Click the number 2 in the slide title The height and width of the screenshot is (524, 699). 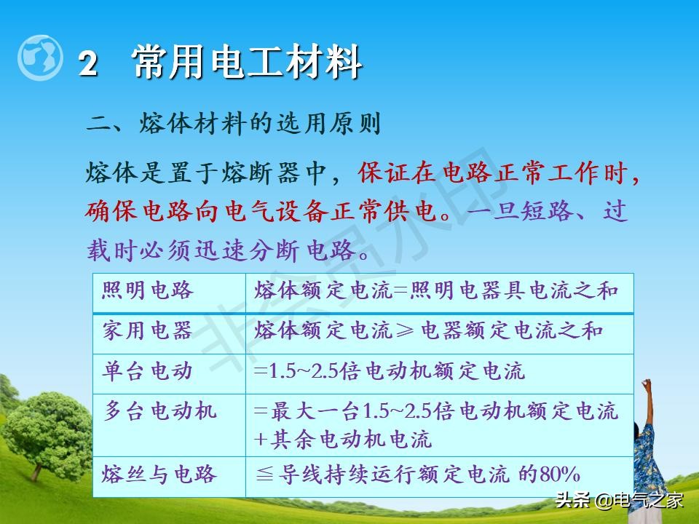point(88,64)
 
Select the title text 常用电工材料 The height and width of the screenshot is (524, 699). point(248,63)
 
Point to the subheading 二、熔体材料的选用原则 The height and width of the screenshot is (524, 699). point(234,124)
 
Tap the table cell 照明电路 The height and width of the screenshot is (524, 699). point(149,291)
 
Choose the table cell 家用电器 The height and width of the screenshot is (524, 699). point(149,331)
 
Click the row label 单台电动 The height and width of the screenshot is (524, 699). point(149,371)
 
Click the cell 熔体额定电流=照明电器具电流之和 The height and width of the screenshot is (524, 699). point(436,291)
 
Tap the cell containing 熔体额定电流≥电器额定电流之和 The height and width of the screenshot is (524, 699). point(429,331)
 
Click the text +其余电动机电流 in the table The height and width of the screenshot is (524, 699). point(343,439)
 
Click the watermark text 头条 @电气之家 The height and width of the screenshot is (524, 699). point(620,500)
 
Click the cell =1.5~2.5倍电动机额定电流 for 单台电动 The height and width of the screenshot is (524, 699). point(390,371)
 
